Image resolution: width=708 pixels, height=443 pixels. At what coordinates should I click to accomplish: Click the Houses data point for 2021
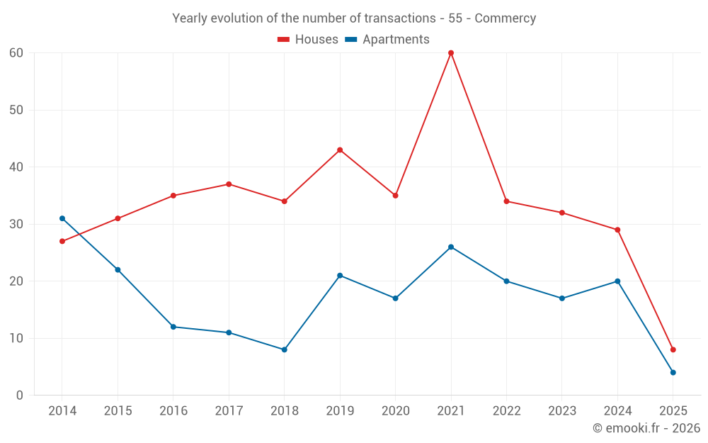451,53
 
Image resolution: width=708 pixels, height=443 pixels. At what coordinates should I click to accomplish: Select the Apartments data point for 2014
62,218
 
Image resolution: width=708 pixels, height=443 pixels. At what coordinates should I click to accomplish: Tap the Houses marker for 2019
340,150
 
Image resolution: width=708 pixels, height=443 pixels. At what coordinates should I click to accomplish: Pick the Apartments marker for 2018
285,349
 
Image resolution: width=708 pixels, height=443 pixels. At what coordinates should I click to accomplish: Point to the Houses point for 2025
673,349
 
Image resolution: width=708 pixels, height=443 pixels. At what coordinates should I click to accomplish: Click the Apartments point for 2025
673,372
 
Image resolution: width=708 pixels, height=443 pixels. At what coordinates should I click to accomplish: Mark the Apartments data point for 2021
451,247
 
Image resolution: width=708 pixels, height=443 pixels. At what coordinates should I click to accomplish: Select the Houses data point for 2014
62,241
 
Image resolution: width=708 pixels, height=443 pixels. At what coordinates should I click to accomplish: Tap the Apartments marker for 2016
173,327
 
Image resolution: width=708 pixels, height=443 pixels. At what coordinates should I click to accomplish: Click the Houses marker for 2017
229,184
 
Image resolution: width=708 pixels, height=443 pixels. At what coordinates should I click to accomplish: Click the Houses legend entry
308,40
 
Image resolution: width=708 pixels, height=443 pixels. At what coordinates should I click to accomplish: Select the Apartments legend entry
387,40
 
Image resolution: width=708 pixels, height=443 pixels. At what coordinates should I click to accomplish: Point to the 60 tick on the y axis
16,53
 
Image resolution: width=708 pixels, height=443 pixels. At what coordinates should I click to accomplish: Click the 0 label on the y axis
20,396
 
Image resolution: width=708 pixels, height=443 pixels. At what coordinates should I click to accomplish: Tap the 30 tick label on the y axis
16,224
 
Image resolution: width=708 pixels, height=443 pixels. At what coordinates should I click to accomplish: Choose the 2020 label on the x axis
395,411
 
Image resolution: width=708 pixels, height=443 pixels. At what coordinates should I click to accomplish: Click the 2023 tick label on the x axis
561,411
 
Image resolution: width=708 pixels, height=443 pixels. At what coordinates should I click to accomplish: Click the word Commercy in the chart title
505,18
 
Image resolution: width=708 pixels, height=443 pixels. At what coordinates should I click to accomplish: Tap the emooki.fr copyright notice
646,428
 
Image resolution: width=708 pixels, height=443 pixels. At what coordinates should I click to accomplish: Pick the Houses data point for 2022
506,201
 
